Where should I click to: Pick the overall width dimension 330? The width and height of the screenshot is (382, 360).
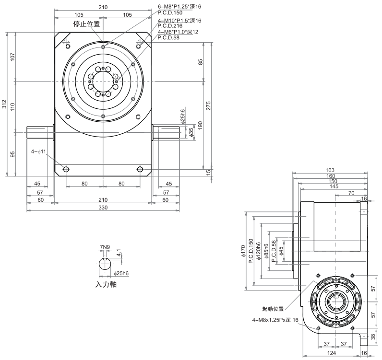[x=103, y=207]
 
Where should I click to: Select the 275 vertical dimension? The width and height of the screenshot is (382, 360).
[x=208, y=105]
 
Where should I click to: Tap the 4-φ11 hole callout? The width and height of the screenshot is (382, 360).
[x=38, y=151]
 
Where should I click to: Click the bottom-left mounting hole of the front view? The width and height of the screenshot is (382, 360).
[x=66, y=169]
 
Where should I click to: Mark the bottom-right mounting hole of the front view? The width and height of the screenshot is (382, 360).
[x=140, y=169]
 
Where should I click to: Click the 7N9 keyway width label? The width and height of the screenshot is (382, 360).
[x=104, y=247]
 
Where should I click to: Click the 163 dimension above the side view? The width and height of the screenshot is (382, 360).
[x=330, y=170]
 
